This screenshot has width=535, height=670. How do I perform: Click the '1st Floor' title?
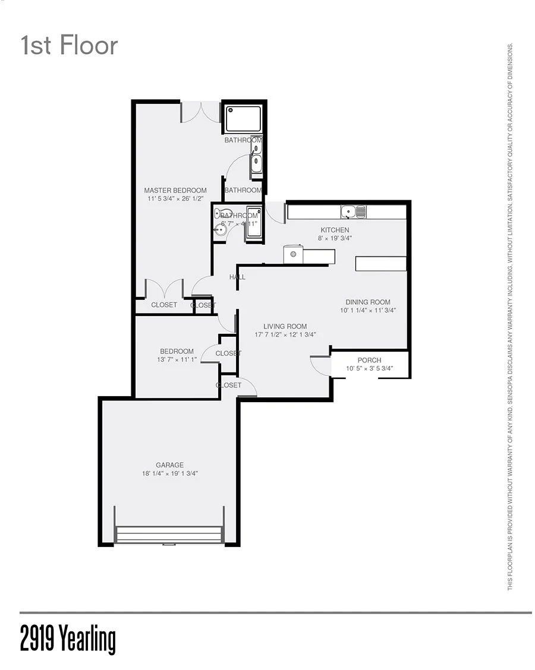pyautogui.click(x=69, y=46)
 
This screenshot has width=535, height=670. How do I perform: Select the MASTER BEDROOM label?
pyautogui.click(x=175, y=191)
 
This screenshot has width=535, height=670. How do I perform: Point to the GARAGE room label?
pyautogui.click(x=169, y=465)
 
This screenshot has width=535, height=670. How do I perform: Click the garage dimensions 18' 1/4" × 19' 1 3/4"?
pyautogui.click(x=169, y=474)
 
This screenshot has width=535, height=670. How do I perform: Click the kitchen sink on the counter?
pyautogui.click(x=353, y=211)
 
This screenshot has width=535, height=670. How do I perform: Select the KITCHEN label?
pyautogui.click(x=335, y=230)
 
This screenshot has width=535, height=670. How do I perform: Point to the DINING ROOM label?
pyautogui.click(x=368, y=302)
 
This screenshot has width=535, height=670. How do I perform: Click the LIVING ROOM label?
pyautogui.click(x=285, y=326)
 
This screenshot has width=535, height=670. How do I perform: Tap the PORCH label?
pyautogui.click(x=369, y=360)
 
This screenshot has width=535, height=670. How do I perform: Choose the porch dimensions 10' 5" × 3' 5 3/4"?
pyautogui.click(x=369, y=369)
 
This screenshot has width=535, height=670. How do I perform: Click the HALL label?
pyautogui.click(x=237, y=277)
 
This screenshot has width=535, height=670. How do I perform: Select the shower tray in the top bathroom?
pyautogui.click(x=243, y=119)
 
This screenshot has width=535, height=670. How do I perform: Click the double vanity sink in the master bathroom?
pyautogui.click(x=256, y=156)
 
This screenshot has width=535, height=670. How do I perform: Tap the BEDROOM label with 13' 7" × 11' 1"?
pyautogui.click(x=177, y=351)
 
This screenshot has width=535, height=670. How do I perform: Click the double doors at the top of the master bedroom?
pyautogui.click(x=200, y=112)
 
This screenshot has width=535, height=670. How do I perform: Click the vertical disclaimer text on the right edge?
pyautogui.click(x=510, y=317)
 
